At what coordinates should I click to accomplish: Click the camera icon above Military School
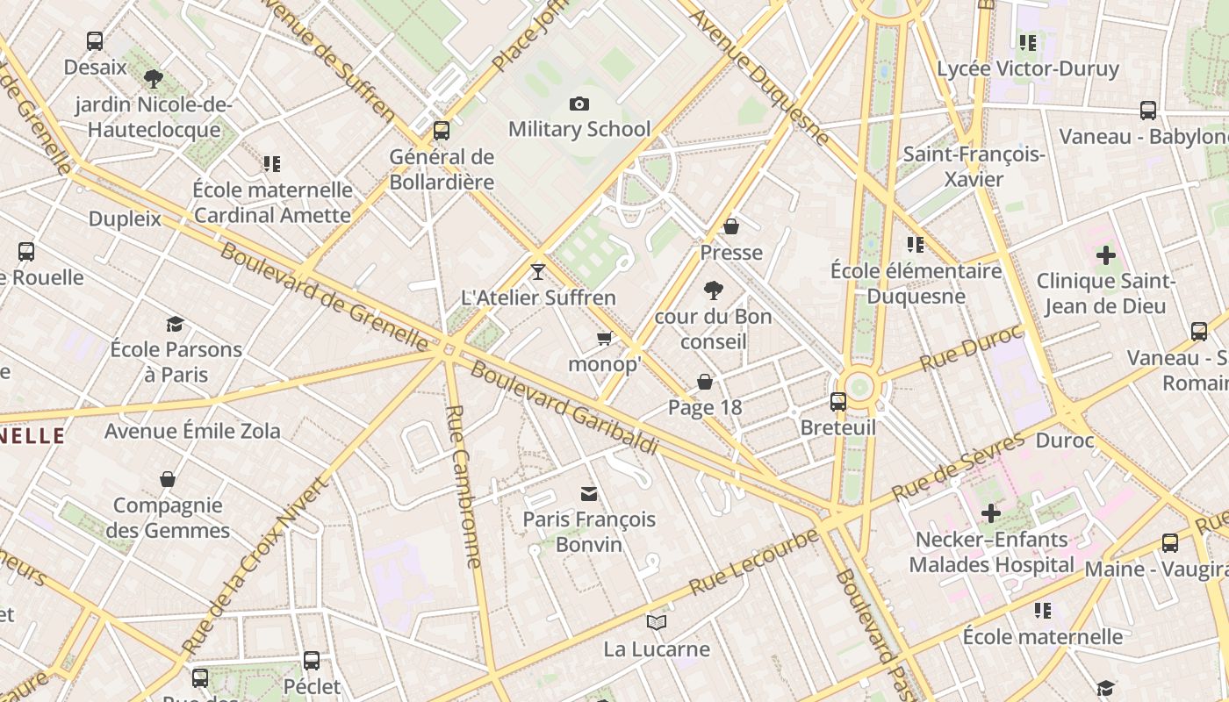579,104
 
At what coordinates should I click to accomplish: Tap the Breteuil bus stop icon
838,402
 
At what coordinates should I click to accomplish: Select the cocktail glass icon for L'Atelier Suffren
538,272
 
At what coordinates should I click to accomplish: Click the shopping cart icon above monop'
604,338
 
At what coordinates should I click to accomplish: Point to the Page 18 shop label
705,407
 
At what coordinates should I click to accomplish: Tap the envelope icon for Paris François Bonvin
589,494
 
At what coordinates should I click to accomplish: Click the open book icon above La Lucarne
657,623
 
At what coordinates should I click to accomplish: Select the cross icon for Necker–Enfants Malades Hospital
991,513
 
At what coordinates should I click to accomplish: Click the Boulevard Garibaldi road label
564,407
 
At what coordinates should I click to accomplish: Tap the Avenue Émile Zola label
192,431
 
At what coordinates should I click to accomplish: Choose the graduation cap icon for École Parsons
175,324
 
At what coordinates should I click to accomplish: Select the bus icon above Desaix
95,41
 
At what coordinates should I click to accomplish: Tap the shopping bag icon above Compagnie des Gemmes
168,479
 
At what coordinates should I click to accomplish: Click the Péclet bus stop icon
312,660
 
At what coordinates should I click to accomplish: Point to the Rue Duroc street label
971,348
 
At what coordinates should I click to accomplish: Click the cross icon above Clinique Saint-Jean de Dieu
1106,255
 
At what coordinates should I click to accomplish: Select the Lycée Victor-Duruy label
1028,68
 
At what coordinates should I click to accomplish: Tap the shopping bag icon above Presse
731,227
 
